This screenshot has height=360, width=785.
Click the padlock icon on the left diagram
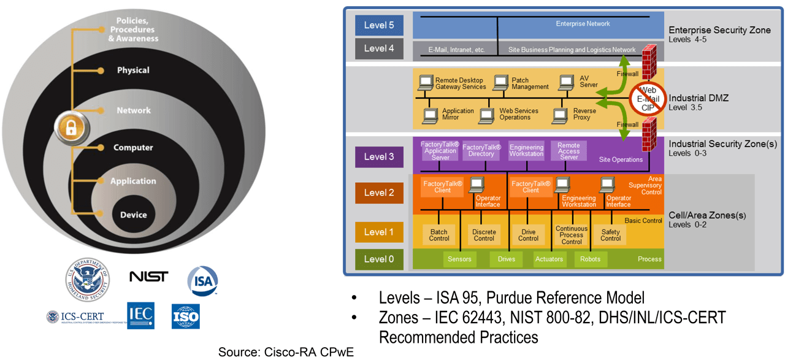click(x=72, y=128)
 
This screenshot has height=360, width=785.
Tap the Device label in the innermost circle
click(x=133, y=215)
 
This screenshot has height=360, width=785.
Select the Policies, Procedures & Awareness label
click(x=133, y=29)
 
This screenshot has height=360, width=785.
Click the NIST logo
click(x=148, y=277)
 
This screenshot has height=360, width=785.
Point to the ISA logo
click(x=202, y=280)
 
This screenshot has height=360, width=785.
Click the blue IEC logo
click(x=140, y=315)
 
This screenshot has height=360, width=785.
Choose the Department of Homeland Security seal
click(x=88, y=279)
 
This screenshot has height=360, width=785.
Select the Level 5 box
click(x=379, y=26)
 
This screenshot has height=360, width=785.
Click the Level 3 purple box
click(x=379, y=156)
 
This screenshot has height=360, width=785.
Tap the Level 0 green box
click(x=379, y=259)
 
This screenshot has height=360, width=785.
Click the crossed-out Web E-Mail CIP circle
click(x=648, y=99)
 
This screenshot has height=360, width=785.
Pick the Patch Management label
click(x=530, y=83)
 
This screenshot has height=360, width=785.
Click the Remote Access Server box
click(x=569, y=151)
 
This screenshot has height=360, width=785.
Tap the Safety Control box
click(x=610, y=235)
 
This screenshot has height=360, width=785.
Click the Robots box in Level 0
click(x=590, y=259)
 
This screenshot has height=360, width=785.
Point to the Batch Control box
click(x=439, y=235)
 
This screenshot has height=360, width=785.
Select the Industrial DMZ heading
click(x=698, y=98)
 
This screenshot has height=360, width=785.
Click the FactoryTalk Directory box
click(x=481, y=151)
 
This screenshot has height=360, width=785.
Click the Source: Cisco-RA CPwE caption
click(x=286, y=351)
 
